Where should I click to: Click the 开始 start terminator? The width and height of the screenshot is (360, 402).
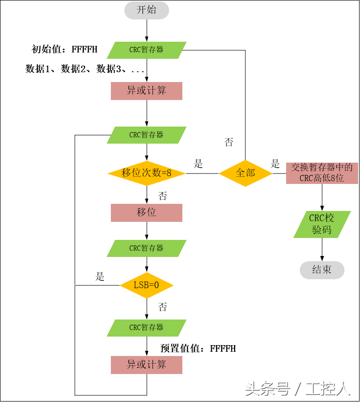tap(146, 10)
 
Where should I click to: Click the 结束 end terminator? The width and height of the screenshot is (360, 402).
tap(322, 270)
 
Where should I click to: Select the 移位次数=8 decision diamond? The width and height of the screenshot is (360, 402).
tap(146, 173)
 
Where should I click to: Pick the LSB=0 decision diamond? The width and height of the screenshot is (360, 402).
tap(146, 285)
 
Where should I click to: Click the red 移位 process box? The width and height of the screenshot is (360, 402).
tap(146, 212)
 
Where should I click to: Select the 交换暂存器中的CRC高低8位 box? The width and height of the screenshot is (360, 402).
tap(322, 173)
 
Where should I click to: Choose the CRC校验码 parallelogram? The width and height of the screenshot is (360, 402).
tap(322, 224)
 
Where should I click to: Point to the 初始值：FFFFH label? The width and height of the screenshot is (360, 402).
tap(64, 49)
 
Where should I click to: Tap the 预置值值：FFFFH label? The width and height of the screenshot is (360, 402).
tap(198, 349)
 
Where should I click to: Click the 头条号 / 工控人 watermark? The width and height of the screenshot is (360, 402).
tap(297, 389)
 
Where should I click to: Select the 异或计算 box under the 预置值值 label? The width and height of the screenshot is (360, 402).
tap(146, 365)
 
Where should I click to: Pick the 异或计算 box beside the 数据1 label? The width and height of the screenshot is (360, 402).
tap(146, 91)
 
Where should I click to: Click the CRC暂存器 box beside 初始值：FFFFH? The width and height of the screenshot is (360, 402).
tap(146, 50)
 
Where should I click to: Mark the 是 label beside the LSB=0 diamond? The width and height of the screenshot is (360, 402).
tap(100, 277)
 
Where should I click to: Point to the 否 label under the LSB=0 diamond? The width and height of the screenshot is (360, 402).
tap(162, 307)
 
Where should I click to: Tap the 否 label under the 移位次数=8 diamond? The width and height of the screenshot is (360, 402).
tap(162, 196)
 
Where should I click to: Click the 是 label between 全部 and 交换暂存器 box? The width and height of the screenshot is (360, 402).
tap(275, 164)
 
